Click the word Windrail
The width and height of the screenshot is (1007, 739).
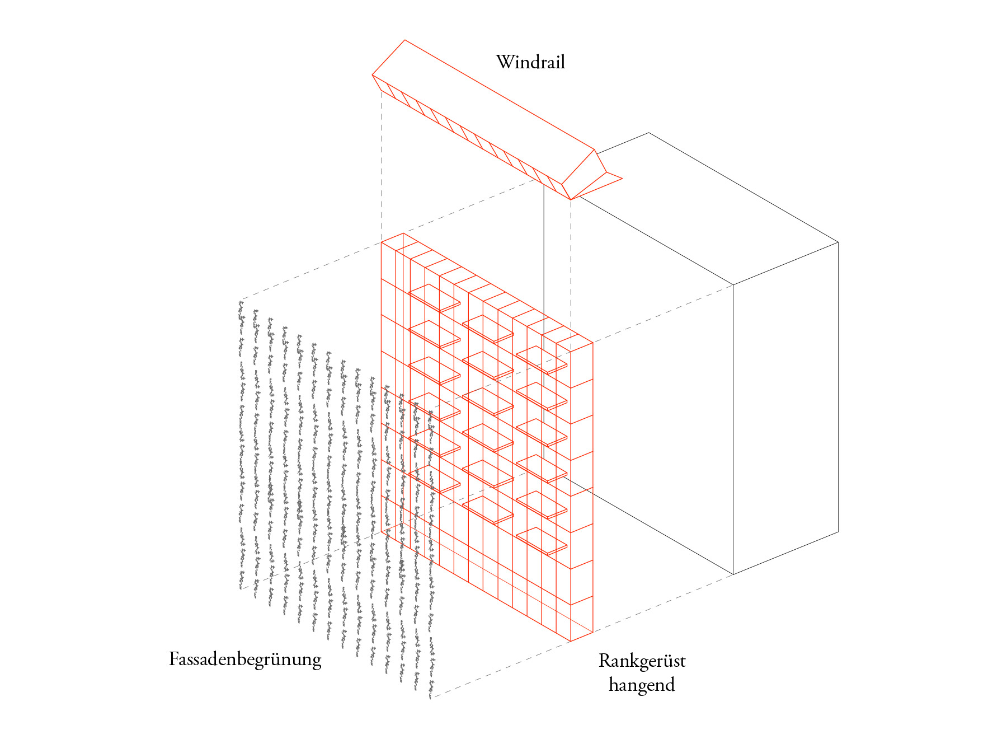(x=530, y=62)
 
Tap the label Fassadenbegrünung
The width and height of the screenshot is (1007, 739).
(x=245, y=659)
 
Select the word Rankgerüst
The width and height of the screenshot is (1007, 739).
(x=642, y=661)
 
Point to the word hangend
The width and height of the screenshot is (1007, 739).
(x=642, y=685)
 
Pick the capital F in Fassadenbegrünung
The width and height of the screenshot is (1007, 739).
(x=174, y=658)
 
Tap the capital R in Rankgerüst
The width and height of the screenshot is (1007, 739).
(x=605, y=661)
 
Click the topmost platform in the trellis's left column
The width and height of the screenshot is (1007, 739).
(x=434, y=298)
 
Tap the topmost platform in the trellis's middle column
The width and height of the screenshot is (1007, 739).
(x=488, y=329)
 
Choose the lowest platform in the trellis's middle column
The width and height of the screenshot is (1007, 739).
(x=488, y=509)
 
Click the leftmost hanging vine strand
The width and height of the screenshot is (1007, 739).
(x=241, y=442)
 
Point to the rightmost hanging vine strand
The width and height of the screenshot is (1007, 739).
(x=431, y=554)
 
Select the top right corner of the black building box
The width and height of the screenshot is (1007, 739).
(x=838, y=242)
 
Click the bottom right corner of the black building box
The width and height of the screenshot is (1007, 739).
(x=838, y=532)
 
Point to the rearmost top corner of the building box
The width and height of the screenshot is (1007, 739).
(x=649, y=133)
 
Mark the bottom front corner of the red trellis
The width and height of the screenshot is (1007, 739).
(x=570, y=641)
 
